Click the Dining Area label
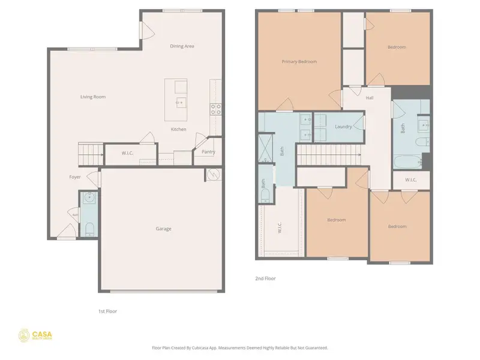[x=182, y=46]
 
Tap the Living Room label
[x=93, y=97]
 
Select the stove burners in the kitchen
[x=215, y=109]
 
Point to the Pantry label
[x=208, y=152]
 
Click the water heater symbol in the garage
[x=213, y=175]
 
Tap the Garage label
[x=164, y=229]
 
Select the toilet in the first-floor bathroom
[x=88, y=228]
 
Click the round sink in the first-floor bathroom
[x=88, y=197]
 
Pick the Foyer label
[x=74, y=177]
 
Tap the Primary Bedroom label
[x=299, y=61]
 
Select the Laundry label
[x=343, y=127]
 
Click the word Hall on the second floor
[x=370, y=98]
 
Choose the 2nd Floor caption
[x=265, y=278]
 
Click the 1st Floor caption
[x=108, y=311]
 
